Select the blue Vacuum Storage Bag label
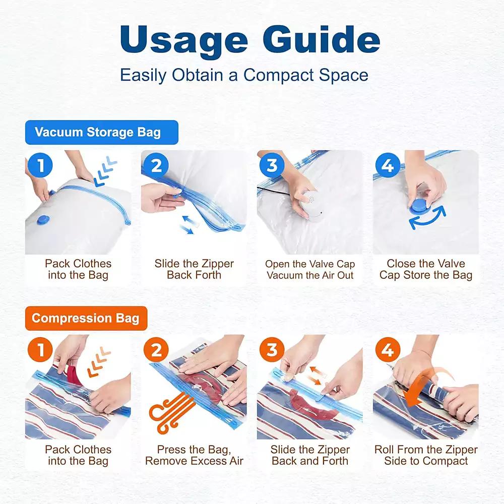click(101, 133)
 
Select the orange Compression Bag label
click(86, 319)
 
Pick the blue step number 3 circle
click(273, 165)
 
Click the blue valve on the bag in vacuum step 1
click(45, 220)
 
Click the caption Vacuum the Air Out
click(310, 276)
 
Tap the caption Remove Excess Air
click(194, 461)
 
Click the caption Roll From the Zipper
click(426, 450)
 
